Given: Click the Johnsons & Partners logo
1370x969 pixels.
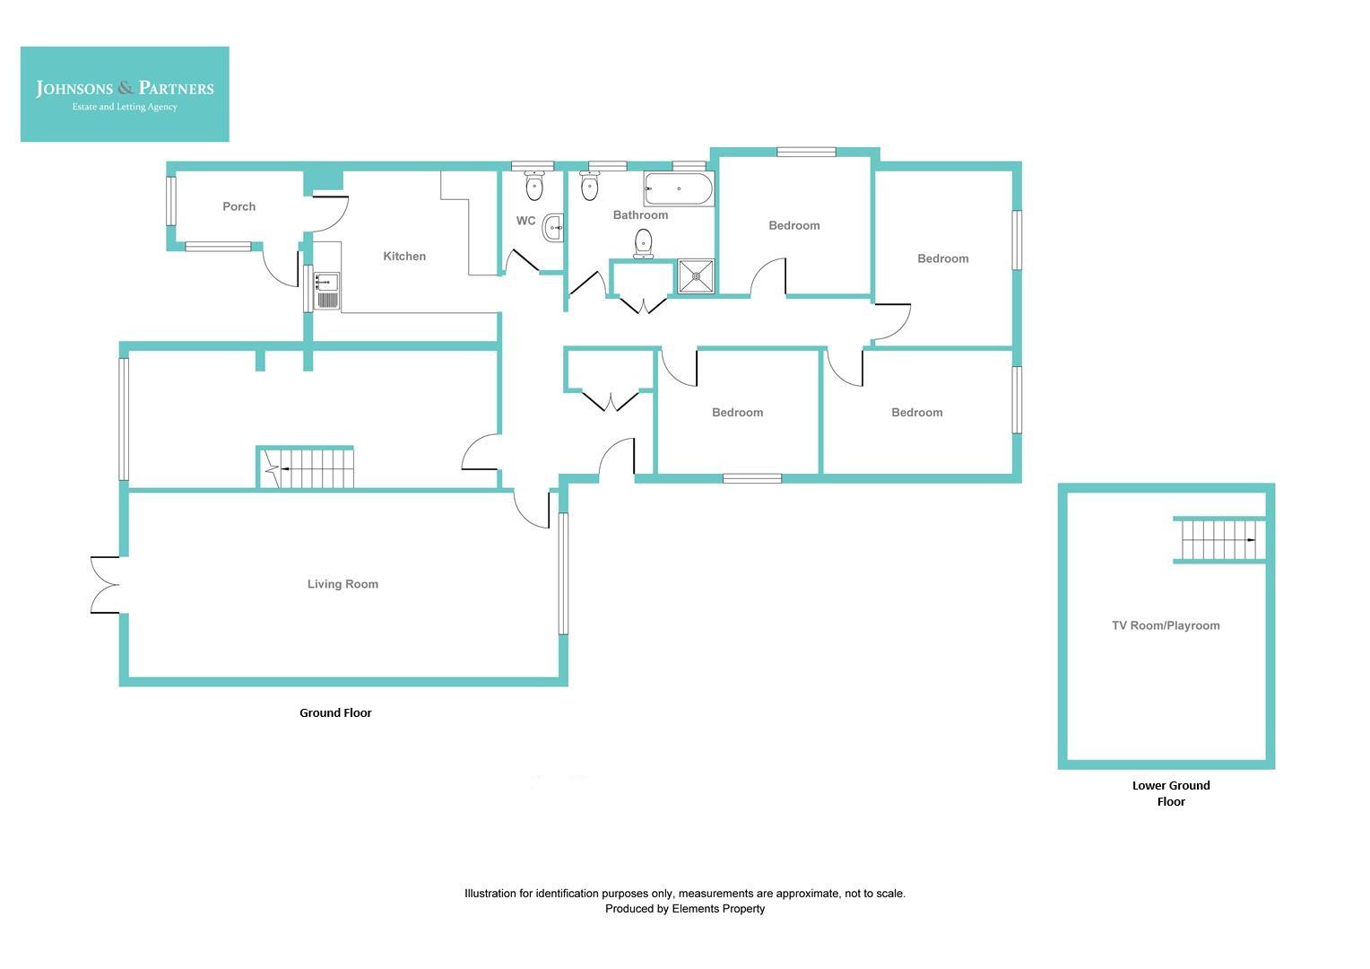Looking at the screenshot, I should coord(125,94).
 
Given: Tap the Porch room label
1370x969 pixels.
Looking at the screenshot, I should coord(238,206).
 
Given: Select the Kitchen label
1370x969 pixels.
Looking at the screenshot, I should coord(404,257).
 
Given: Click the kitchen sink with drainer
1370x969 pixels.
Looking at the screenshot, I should coord(327,290).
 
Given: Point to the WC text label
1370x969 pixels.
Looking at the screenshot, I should coord(525,221).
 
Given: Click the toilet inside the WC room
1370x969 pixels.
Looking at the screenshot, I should coord(534,186).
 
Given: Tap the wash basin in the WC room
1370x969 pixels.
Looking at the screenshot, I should coord(554,228).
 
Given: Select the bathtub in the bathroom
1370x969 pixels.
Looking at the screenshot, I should coord(679,189).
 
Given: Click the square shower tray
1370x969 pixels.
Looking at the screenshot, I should coord(696,276).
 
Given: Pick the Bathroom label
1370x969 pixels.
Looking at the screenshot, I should coord(640,215).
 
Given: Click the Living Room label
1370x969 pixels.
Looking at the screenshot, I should coord(342,584).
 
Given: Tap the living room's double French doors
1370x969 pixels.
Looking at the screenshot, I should coord(104,585).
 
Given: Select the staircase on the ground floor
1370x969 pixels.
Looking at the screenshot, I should coord(307,468).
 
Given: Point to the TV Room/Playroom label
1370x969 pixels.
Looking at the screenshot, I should coord(1166,625).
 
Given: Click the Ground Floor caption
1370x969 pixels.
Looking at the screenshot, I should coord(335,713).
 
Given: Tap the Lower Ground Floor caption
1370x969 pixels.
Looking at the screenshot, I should coord(1171,793).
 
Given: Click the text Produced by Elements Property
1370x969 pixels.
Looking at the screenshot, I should coord(685,909).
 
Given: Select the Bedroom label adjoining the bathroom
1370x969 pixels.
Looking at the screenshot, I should coord(793,225).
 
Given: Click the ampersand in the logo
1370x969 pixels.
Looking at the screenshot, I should coord(126,87).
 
